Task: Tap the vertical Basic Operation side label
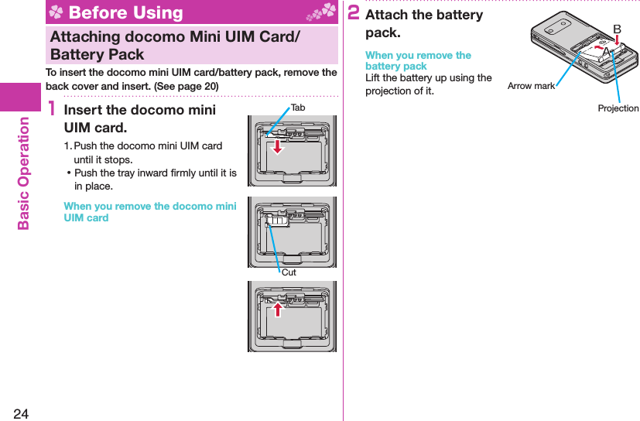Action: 23,173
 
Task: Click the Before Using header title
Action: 125,12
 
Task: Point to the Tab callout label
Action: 298,108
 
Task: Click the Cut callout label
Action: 289,272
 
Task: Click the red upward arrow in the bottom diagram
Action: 277,308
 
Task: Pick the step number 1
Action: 52,112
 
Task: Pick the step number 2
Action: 353,13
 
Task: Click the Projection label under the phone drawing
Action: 618,108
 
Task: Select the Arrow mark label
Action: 531,86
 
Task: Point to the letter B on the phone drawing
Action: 617,29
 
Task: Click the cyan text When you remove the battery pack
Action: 418,60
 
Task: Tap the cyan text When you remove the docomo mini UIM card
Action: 149,211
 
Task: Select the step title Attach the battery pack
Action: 423,23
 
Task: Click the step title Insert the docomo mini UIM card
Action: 139,118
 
